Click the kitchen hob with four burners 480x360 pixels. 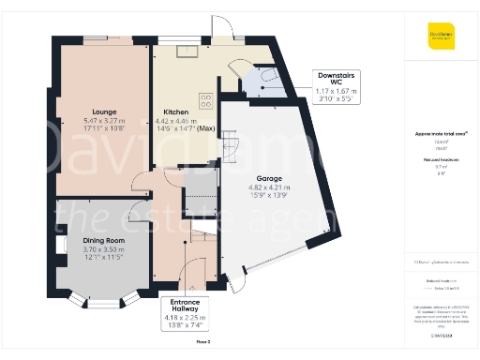click(205, 97)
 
